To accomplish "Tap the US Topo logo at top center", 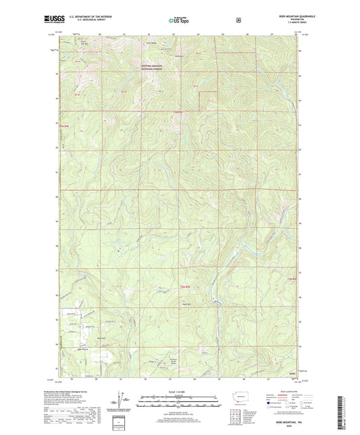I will [178, 21].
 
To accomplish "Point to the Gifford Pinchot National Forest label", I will [153, 66].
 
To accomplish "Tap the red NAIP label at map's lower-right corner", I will [292, 373].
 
